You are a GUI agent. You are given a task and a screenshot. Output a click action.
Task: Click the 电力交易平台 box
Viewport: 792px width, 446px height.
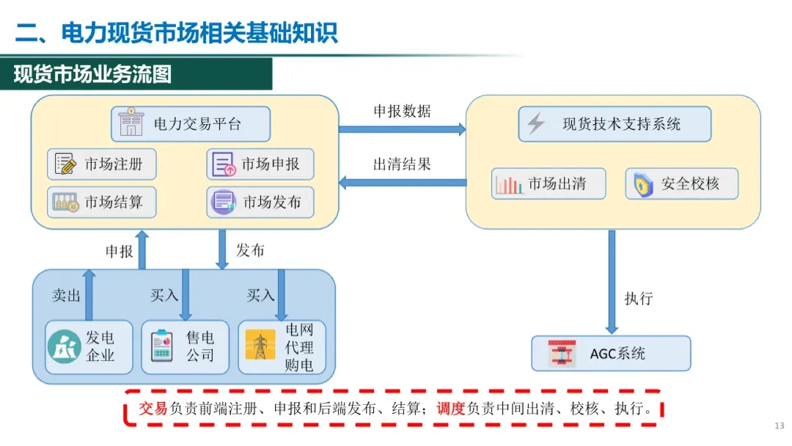pyautogui.click(x=191, y=124)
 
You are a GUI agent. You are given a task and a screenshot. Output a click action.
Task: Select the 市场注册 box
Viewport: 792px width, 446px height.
pyautogui.click(x=102, y=164)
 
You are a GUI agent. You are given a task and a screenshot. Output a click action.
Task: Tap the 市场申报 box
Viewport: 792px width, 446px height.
pyautogui.click(x=260, y=164)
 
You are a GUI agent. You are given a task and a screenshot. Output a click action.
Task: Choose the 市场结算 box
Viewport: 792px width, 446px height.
pyautogui.click(x=102, y=202)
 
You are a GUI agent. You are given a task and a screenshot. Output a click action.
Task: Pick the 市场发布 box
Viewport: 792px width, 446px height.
pyautogui.click(x=260, y=202)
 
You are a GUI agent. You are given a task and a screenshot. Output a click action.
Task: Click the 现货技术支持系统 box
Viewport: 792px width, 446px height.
pyautogui.click(x=615, y=124)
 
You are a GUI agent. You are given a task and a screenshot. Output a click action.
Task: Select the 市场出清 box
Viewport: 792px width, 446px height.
pyautogui.click(x=549, y=183)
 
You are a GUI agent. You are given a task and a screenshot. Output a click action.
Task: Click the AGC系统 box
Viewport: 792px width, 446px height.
pyautogui.click(x=611, y=354)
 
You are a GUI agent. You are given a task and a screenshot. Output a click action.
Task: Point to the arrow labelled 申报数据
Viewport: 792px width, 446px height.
pyautogui.click(x=402, y=130)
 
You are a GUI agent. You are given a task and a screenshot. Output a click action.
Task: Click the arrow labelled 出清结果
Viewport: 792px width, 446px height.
pyautogui.click(x=402, y=183)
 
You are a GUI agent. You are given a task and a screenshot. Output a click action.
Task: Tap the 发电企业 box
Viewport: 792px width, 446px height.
pyautogui.click(x=89, y=347)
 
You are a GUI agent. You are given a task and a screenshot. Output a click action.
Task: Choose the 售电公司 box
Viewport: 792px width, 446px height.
pyautogui.click(x=185, y=347)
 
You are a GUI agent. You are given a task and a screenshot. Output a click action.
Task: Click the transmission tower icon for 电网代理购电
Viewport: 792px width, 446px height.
pyautogui.click(x=260, y=347)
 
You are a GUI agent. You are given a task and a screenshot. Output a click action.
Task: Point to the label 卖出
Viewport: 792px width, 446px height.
pyautogui.click(x=66, y=295)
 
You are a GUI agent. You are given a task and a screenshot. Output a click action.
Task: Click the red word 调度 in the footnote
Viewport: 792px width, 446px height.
pyautogui.click(x=452, y=409)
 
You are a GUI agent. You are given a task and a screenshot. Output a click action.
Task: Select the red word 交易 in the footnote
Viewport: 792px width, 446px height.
pyautogui.click(x=153, y=409)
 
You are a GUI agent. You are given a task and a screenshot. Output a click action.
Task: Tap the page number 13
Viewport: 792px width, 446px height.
pyautogui.click(x=779, y=425)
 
